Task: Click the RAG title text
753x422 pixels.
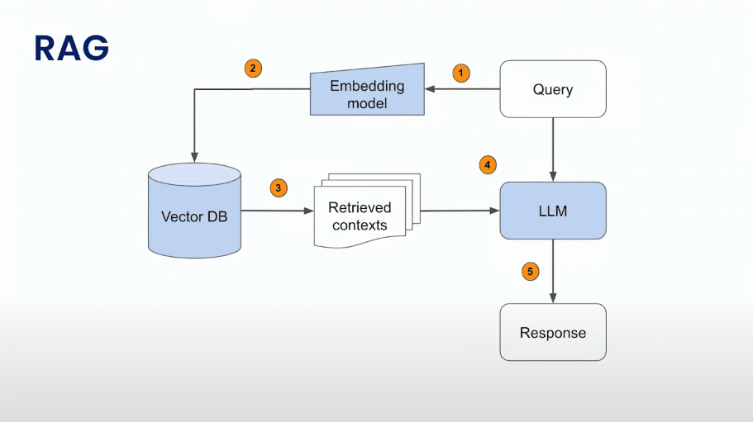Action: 72,48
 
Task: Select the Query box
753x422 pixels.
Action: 553,89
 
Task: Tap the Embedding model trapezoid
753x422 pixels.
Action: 367,90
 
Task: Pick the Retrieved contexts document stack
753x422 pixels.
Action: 367,211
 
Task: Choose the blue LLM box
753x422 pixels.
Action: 553,211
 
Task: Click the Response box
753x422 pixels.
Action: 553,332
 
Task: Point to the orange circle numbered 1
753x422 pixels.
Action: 461,73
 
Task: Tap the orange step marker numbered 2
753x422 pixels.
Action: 253,68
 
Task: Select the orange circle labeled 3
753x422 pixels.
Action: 279,188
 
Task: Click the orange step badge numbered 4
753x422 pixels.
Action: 488,165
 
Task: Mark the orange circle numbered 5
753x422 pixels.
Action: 530,272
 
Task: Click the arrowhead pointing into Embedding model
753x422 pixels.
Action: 430,88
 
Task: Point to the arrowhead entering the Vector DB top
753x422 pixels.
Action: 194,157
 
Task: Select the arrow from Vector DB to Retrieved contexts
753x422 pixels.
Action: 277,211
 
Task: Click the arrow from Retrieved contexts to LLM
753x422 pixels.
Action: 460,211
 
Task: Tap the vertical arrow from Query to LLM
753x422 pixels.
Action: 553,149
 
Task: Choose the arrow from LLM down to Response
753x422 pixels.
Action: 553,272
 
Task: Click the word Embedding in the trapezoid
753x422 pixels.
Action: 367,87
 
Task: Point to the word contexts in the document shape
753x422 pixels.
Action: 360,225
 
